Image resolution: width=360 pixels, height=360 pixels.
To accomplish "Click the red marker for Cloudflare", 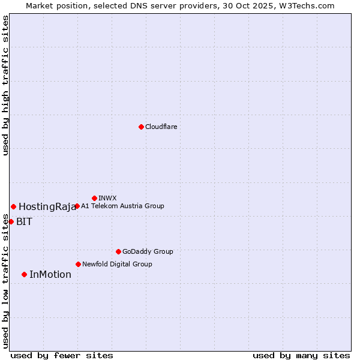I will [x=141, y=127].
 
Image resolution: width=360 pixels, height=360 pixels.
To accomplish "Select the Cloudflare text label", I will [x=161, y=127].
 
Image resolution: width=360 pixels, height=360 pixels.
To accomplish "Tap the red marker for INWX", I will [x=94, y=198].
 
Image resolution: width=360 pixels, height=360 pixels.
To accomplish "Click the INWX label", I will [x=107, y=198].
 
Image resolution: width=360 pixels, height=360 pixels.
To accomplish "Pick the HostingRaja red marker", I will [x=13, y=206].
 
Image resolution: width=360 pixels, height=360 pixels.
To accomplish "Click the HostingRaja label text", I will [x=47, y=207].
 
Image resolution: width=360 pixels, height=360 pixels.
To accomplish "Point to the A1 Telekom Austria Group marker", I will [x=77, y=206].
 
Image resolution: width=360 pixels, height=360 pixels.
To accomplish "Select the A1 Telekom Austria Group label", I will [x=122, y=206].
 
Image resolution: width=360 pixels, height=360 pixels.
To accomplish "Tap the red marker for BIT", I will [x=11, y=221].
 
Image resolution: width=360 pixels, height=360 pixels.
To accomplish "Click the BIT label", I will [x=25, y=221].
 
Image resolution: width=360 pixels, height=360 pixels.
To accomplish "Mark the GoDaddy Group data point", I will [x=118, y=251].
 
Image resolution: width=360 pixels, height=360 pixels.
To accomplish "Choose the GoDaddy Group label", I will [x=148, y=251].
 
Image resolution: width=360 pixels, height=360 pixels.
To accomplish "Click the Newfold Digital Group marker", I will [x=78, y=264].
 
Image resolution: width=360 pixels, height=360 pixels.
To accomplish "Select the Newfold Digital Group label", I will [x=117, y=264].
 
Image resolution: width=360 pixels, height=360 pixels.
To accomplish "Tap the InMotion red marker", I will [x=24, y=274].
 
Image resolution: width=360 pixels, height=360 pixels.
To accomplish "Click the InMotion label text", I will [x=50, y=275].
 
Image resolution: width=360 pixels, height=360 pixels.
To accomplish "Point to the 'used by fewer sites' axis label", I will [x=62, y=355].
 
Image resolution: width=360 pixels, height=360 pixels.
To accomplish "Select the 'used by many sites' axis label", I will [x=301, y=355].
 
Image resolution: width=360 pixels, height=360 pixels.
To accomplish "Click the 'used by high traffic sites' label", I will [x=5, y=86].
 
